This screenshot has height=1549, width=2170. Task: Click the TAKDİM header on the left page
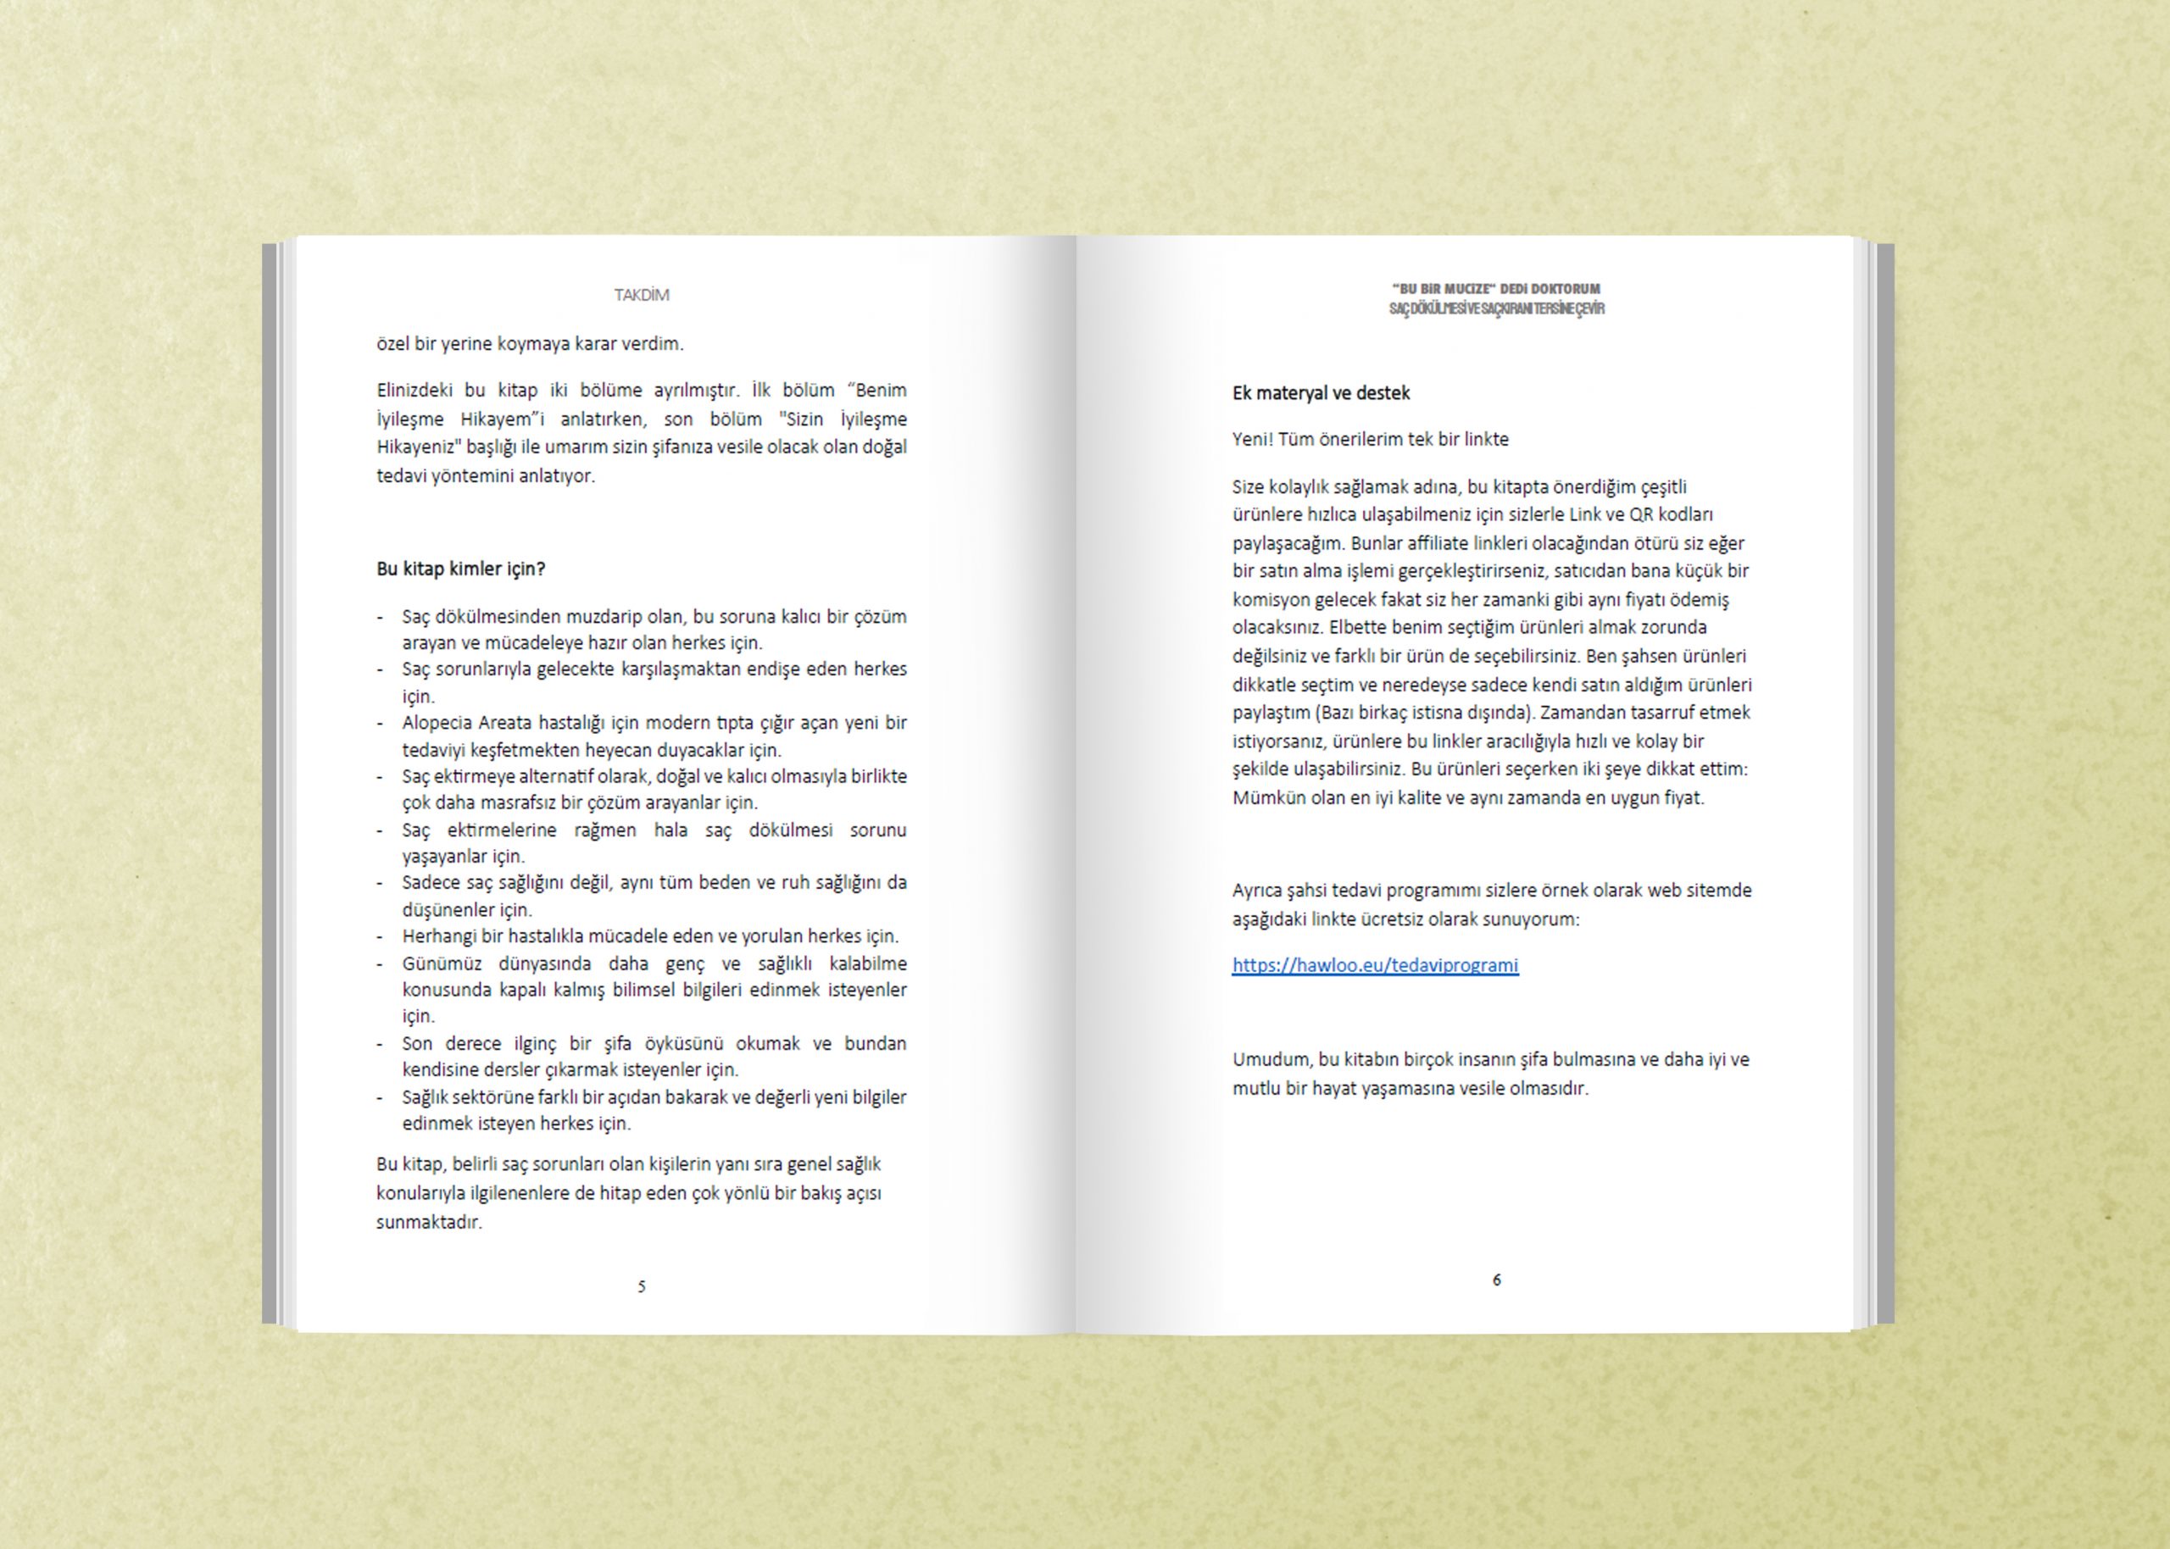pyautogui.click(x=641, y=296)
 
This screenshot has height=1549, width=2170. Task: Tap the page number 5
pyautogui.click(x=641, y=1286)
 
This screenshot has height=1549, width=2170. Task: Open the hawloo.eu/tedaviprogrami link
pyautogui.click(x=1375, y=965)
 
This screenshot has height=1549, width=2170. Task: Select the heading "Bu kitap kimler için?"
pyautogui.click(x=461, y=569)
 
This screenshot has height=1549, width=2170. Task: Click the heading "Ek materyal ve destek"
pyautogui.click(x=1320, y=393)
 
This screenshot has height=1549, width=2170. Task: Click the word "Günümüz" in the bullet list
pyautogui.click(x=442, y=963)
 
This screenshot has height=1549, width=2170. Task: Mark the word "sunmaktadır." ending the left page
pyautogui.click(x=429, y=1223)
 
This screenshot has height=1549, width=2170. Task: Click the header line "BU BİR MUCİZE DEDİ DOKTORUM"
pyautogui.click(x=1495, y=289)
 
